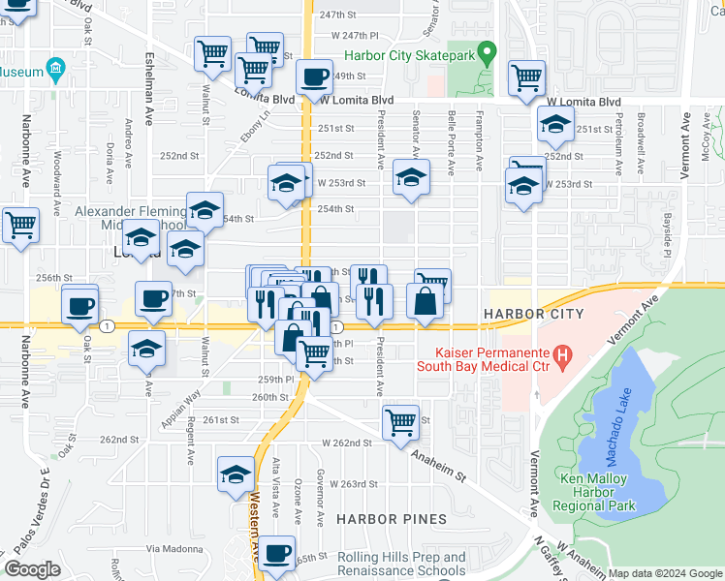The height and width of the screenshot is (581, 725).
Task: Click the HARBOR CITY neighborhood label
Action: [x=533, y=314]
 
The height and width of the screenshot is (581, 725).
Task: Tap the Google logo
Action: [x=32, y=569]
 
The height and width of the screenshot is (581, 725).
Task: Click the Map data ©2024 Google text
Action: [x=665, y=573]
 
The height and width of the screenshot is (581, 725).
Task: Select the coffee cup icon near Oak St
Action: [x=79, y=305]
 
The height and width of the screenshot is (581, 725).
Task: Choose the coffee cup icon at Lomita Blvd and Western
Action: [x=313, y=76]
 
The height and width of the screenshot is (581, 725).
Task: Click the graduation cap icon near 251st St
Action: [x=555, y=124]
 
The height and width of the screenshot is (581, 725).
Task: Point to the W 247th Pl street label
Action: [x=354, y=35]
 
